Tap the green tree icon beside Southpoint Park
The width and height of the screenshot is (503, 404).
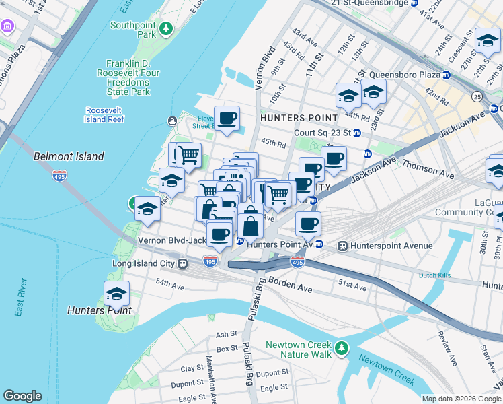(x=165, y=29)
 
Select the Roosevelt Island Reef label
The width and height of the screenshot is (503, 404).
(x=105, y=114)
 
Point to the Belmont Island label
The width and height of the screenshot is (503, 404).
(x=69, y=156)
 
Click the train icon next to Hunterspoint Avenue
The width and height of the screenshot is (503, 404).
(x=343, y=246)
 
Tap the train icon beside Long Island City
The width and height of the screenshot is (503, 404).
(x=182, y=263)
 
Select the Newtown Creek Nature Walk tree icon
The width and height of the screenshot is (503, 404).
(x=343, y=348)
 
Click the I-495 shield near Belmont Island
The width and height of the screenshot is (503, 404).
(x=59, y=176)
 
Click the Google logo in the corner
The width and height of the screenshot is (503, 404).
(x=22, y=396)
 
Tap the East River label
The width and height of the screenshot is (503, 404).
(x=20, y=296)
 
